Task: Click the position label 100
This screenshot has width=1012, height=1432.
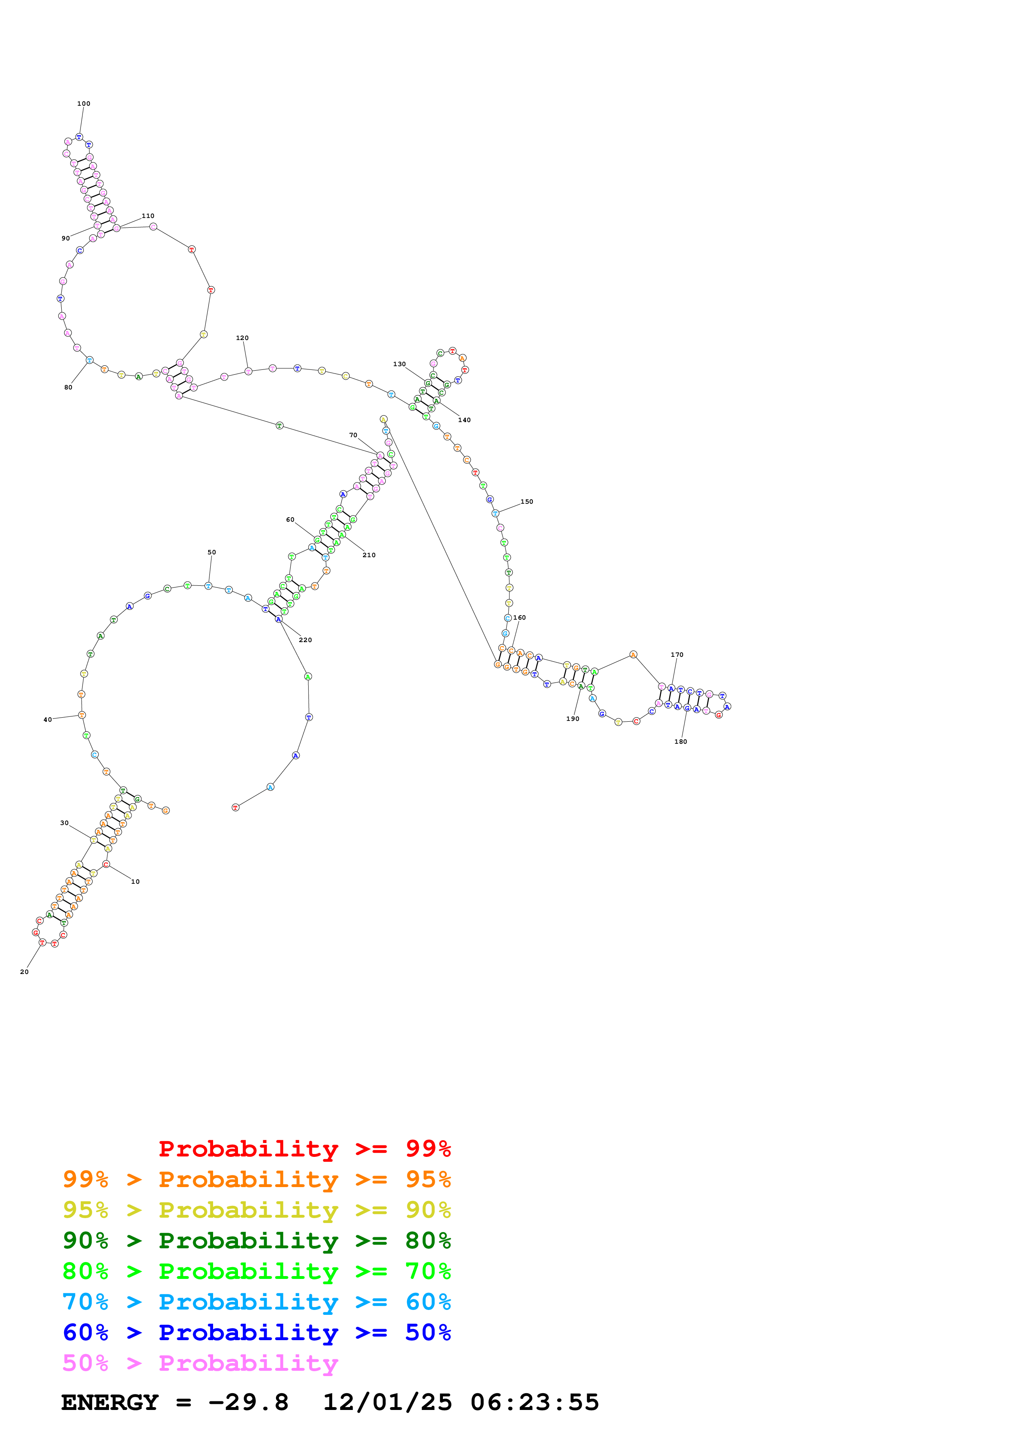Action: point(84,104)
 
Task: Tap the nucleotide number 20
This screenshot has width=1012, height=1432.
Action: point(24,972)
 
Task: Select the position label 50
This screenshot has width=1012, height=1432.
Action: point(212,552)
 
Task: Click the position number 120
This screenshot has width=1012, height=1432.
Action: point(242,338)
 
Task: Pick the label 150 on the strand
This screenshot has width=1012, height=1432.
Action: point(527,501)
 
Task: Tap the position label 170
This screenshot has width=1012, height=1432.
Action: point(677,655)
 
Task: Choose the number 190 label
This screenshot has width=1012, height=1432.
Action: point(572,718)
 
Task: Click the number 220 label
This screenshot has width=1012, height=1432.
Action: point(305,640)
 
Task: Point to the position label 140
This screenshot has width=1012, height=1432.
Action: point(465,420)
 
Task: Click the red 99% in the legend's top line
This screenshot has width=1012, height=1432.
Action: point(428,1148)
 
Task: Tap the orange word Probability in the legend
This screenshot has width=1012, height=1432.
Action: point(248,1179)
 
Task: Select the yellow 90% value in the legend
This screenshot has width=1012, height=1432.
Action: point(428,1210)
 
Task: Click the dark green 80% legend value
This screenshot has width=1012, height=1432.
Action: point(428,1241)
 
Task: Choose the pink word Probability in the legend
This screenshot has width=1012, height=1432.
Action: point(248,1363)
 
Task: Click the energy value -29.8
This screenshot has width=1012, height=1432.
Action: point(248,1402)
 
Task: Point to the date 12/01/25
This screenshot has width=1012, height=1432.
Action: point(387,1402)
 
